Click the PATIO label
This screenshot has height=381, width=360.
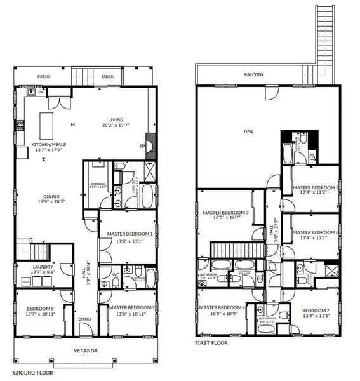(43, 77)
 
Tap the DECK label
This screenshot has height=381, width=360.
(107, 77)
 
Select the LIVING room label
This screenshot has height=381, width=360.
(116, 120)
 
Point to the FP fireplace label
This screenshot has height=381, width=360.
(142, 146)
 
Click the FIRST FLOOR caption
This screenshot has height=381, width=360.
(211, 343)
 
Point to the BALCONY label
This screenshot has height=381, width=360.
(254, 74)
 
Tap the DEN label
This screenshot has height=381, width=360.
(248, 132)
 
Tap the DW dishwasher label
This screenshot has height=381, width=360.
(40, 92)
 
